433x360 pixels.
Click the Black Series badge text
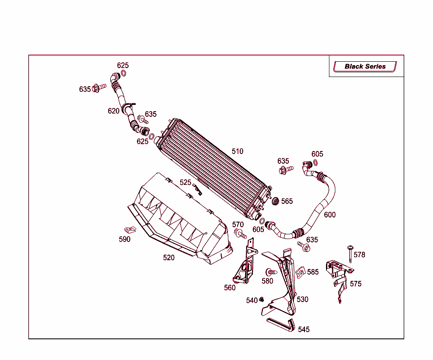pos(365,66)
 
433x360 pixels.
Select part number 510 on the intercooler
pos(238,151)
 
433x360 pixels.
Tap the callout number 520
pos(169,258)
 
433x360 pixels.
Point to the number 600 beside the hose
pos(330,214)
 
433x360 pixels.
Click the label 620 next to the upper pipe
pos(113,111)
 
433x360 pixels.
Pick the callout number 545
pos(304,330)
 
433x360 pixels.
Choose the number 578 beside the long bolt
pos(359,255)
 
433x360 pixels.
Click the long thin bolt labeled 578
pos(350,254)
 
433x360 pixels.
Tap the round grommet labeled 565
pos(275,201)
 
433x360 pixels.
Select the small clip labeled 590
pos(130,230)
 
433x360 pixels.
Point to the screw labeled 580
pos(271,272)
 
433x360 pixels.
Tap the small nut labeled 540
pos(261,300)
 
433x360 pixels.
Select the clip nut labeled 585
pos(301,272)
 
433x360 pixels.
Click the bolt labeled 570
pos(240,234)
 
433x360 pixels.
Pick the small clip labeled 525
pos(197,189)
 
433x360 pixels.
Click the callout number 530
pos(302,300)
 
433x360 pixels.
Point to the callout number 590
pos(125,239)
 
